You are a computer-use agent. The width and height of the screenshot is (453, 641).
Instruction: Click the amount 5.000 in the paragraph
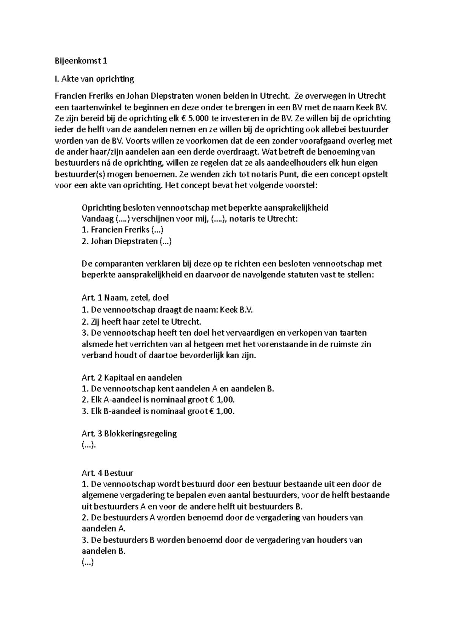199,119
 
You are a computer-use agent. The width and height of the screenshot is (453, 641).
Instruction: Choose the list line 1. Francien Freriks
122,230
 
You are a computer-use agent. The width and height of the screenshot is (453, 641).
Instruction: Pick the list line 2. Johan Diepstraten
126,241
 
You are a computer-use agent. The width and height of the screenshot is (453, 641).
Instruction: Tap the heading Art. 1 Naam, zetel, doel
125,297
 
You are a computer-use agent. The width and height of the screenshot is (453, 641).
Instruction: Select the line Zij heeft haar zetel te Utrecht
142,322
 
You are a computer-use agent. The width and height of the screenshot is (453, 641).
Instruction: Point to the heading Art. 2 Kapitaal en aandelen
131,378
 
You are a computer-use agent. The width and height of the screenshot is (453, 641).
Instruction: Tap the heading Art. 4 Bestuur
107,473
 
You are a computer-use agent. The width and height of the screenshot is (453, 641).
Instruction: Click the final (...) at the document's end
87,562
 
